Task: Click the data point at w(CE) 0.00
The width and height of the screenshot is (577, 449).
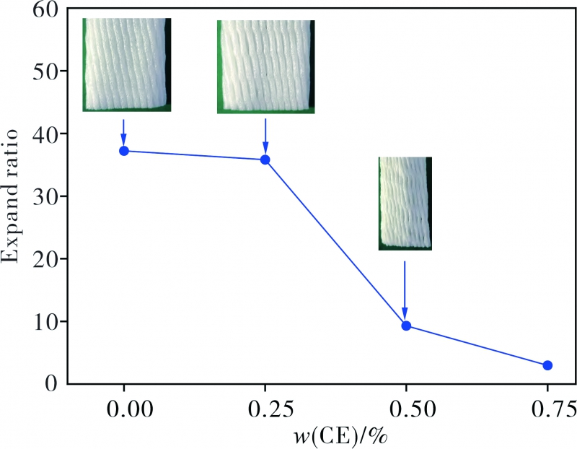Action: (x=124, y=151)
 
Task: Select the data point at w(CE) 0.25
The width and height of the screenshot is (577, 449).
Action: (x=265, y=160)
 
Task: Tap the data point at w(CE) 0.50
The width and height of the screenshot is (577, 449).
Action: (x=406, y=326)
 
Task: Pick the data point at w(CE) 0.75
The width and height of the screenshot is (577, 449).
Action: (x=547, y=365)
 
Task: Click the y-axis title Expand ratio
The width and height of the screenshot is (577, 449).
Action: (x=16, y=197)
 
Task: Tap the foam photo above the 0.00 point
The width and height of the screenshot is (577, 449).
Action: (x=126, y=65)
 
